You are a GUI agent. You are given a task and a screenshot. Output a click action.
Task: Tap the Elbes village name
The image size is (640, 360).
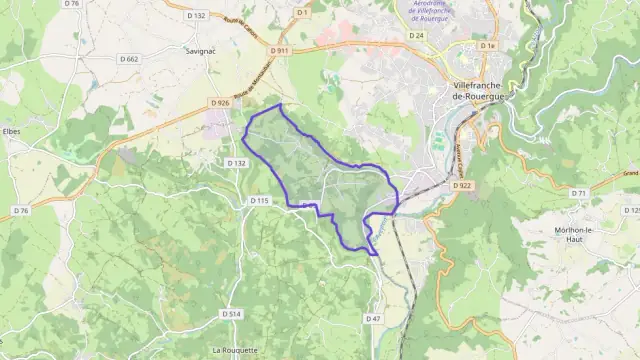point(12,131)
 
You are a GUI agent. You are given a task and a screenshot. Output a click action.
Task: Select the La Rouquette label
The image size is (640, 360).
point(236,350)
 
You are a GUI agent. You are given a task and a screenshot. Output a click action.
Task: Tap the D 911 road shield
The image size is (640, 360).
point(281,51)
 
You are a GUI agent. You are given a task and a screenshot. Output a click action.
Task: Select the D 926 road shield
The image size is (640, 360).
point(221,102)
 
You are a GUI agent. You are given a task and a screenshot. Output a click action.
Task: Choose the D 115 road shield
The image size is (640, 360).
point(259,201)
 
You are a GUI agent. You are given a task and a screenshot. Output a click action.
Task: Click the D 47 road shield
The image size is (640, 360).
point(374,319)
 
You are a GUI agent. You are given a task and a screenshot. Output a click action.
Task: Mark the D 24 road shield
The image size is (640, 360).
point(417,35)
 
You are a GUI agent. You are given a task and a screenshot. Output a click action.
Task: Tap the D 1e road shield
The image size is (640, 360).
point(487,46)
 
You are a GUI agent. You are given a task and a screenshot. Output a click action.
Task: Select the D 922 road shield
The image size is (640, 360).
point(461,186)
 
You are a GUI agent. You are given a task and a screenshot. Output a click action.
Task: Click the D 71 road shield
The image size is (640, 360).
point(578,193)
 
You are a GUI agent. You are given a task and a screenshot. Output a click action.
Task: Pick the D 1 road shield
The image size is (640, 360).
point(300,12)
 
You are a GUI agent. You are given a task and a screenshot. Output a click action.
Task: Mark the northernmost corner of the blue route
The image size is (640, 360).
point(281,105)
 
